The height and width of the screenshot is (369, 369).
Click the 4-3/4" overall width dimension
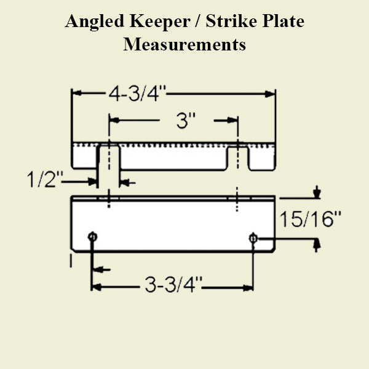137,94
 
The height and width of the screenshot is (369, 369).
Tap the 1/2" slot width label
46,181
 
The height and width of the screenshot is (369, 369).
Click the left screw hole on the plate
92,237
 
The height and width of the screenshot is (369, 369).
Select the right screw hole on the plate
253,237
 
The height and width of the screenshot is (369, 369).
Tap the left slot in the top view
109,156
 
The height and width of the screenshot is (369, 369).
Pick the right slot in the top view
238,156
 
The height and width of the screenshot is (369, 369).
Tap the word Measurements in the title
184,45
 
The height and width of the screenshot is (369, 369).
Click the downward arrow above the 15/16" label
316,194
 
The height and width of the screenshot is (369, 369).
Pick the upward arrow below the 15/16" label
316,245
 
